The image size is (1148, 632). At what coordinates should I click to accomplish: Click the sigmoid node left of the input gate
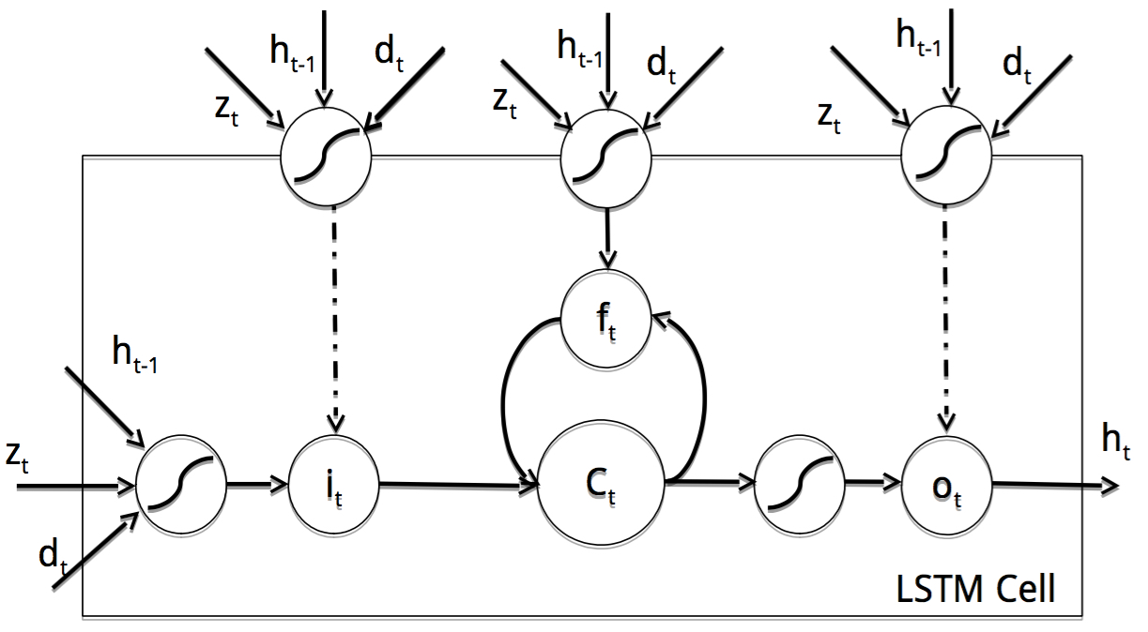[x=181, y=485]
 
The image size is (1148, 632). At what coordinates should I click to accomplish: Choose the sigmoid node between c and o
[x=800, y=484]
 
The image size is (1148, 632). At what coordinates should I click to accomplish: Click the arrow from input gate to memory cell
[x=457, y=485]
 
